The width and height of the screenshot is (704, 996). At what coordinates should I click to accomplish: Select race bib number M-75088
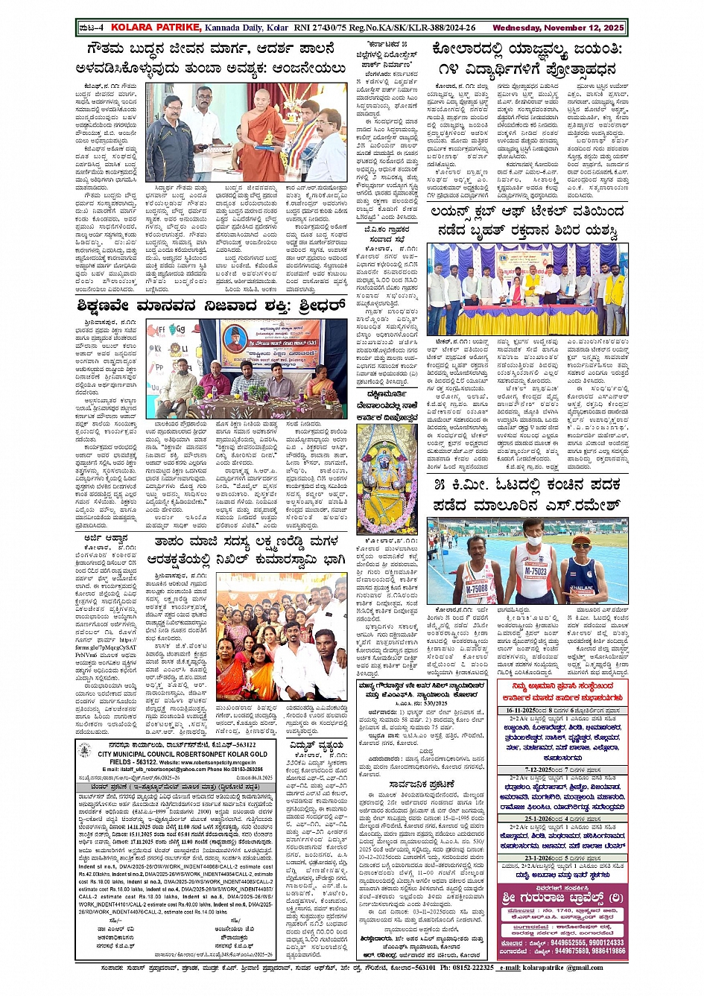(477, 589)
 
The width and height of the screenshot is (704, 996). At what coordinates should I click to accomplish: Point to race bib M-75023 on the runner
(536, 571)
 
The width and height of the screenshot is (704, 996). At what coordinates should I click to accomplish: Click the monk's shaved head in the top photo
(261, 97)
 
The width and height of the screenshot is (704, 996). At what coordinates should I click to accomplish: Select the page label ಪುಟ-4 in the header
(91, 28)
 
